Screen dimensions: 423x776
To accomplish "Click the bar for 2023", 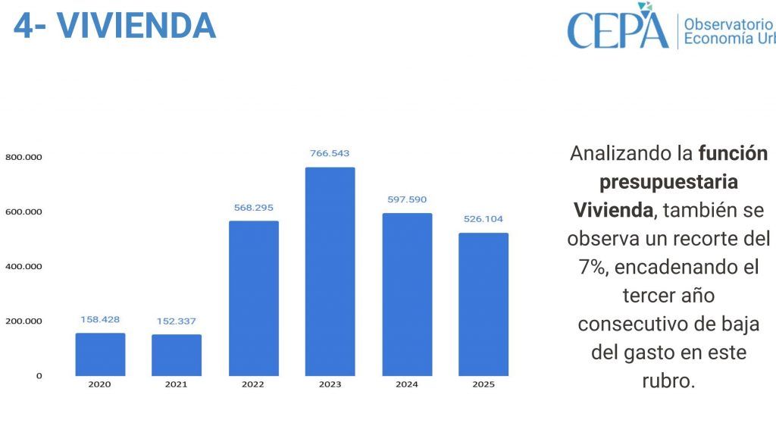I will click(x=330, y=271).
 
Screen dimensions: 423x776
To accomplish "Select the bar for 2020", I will click(x=100, y=354).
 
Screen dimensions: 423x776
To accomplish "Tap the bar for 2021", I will click(x=177, y=355).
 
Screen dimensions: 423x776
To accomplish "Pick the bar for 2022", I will click(x=253, y=298).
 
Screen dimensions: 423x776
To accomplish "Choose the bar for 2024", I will click(x=407, y=294).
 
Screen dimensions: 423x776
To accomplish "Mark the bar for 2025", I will click(x=483, y=304).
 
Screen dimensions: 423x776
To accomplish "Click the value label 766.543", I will click(x=330, y=154).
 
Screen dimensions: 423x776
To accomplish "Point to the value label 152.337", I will click(x=177, y=321).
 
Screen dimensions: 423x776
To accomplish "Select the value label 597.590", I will click(x=407, y=200).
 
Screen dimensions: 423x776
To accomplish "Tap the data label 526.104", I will click(x=483, y=219).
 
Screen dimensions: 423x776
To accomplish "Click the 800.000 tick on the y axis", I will click(x=23, y=158).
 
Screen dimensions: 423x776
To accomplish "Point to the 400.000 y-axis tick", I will click(x=23, y=267).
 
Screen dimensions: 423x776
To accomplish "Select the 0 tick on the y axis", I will click(x=39, y=376).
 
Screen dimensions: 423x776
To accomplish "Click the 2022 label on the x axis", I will click(x=253, y=385).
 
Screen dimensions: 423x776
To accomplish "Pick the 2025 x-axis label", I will click(x=483, y=385).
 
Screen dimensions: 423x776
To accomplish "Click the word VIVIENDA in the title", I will click(x=137, y=25).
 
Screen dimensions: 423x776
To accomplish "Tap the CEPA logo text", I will click(x=618, y=29).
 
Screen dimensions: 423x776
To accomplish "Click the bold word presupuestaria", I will click(x=668, y=182).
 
